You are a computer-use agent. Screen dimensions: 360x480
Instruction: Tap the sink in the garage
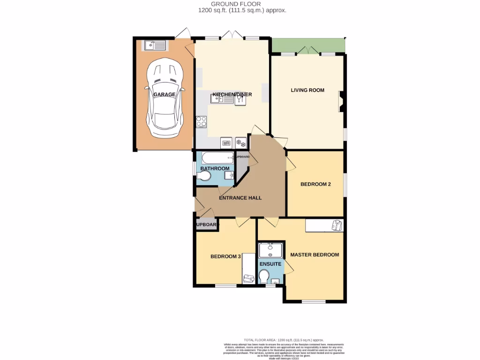coord(155,45)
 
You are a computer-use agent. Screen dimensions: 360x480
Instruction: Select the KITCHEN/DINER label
coord(232,95)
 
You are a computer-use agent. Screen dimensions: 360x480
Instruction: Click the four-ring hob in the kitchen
coord(202,122)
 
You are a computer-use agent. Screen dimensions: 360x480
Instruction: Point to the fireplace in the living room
coord(341,101)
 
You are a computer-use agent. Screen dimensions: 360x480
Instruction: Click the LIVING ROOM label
coord(307,90)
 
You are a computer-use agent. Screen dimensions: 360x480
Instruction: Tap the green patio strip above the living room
coord(307,45)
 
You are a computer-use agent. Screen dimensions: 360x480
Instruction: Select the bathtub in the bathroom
coord(215,158)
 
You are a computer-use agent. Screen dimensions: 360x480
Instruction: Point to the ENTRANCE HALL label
coord(240,198)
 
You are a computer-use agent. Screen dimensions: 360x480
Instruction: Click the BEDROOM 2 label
coord(315,184)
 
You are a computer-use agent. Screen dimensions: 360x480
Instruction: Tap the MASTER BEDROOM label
coord(314,255)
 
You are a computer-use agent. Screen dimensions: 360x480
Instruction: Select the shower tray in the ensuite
coord(271,250)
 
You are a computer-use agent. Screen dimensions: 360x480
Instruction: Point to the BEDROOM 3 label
coord(225,256)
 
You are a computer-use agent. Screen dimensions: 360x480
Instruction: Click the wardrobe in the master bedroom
coord(325,225)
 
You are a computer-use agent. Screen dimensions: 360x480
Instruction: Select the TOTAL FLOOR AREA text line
coord(284,340)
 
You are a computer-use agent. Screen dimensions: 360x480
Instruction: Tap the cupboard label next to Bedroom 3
coord(207,225)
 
